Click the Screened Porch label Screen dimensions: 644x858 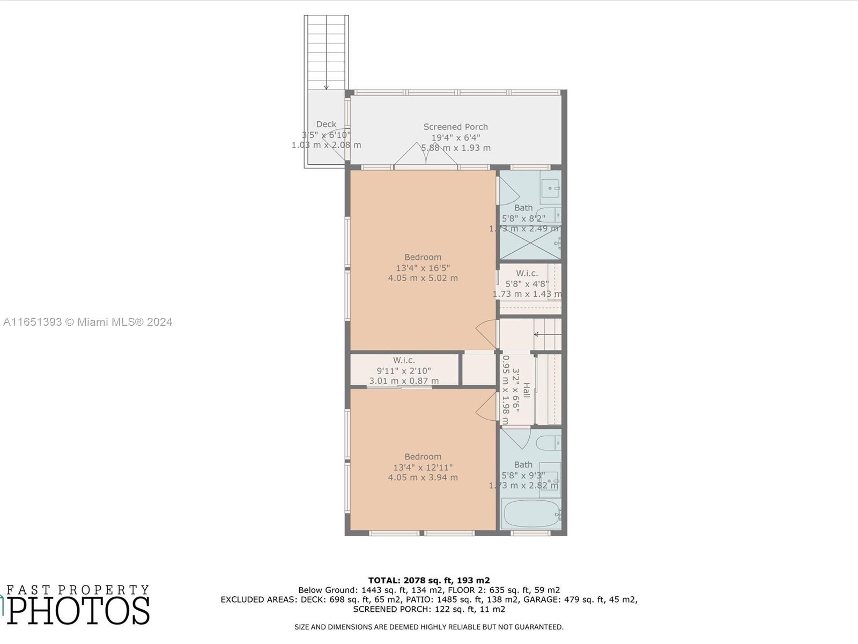[x=455, y=127]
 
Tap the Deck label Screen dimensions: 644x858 [x=326, y=124]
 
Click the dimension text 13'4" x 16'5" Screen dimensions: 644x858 [x=423, y=268]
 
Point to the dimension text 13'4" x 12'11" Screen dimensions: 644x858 [x=423, y=467]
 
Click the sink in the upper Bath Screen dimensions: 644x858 [x=551, y=188]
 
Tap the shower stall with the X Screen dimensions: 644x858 [x=530, y=243]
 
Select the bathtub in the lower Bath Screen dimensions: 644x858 [x=531, y=514]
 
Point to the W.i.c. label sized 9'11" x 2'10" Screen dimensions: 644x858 [x=403, y=361]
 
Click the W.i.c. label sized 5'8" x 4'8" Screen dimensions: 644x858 [x=527, y=274]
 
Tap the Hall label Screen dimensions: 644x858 [x=527, y=390]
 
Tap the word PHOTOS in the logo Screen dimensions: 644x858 [x=78, y=611]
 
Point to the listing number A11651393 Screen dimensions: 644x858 [x=32, y=322]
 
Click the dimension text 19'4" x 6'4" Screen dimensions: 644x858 [x=455, y=137]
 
